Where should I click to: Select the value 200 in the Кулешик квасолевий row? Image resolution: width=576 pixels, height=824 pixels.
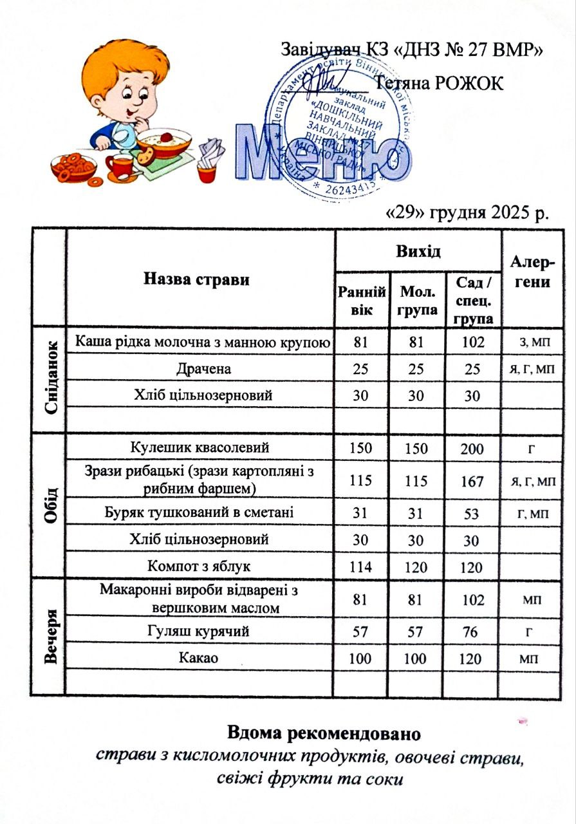pyautogui.click(x=472, y=449)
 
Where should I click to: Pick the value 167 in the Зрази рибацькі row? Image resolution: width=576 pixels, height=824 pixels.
pyautogui.click(x=472, y=480)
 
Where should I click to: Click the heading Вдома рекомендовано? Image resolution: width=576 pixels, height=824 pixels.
pyautogui.click(x=323, y=733)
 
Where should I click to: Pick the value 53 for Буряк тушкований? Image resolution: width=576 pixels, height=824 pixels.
pyautogui.click(x=472, y=512)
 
